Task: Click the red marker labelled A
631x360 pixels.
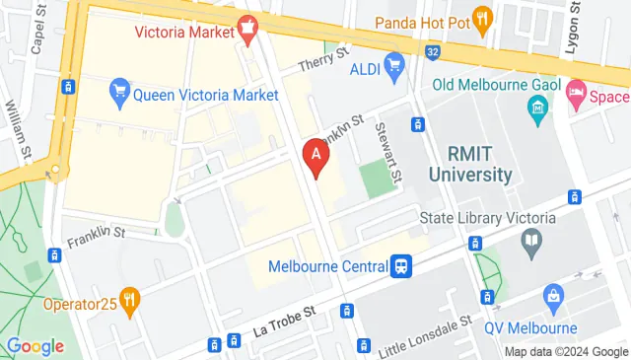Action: click(315, 156)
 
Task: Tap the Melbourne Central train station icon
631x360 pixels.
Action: click(401, 266)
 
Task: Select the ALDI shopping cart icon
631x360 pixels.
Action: click(395, 68)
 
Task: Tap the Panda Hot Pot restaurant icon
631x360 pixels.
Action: click(482, 18)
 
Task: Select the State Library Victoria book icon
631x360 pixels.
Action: click(532, 240)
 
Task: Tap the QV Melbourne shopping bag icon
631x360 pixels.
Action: click(554, 295)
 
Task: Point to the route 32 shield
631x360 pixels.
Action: click(433, 50)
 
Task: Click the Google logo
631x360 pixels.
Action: click(35, 346)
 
